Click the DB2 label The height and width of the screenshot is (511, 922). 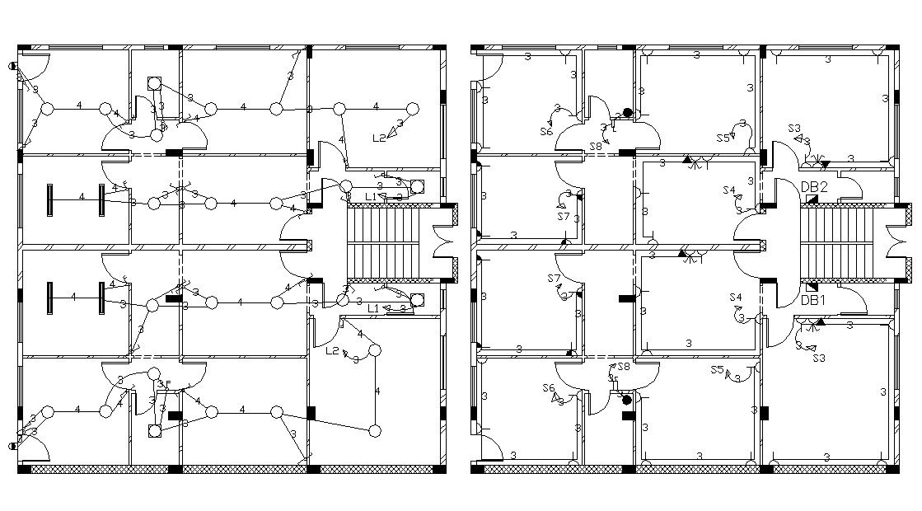pyautogui.click(x=813, y=187)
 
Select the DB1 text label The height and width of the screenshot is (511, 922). pyautogui.click(x=813, y=301)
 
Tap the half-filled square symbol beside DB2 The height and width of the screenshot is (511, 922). pyautogui.click(x=812, y=199)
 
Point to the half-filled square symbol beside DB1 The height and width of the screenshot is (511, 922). pyautogui.click(x=812, y=287)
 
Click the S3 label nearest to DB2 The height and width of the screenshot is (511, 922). pyautogui.click(x=794, y=129)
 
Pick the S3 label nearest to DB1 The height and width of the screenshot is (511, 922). pyautogui.click(x=818, y=359)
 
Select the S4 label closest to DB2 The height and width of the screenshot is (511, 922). pyautogui.click(x=729, y=190)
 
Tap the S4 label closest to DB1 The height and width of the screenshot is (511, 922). pyautogui.click(x=735, y=297)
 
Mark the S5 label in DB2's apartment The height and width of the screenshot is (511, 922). pyautogui.click(x=723, y=138)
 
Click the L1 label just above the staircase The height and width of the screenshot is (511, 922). pyautogui.click(x=371, y=196)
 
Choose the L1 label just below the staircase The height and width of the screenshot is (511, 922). pyautogui.click(x=373, y=308)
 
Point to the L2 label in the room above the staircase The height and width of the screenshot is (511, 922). pyautogui.click(x=379, y=138)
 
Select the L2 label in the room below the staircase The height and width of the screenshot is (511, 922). pyautogui.click(x=332, y=351)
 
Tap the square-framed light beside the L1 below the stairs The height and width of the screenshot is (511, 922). pyautogui.click(x=417, y=298)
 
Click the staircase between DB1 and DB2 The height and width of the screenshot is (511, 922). pyautogui.click(x=835, y=243)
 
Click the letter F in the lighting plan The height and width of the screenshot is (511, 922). pyautogui.click(x=167, y=384)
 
